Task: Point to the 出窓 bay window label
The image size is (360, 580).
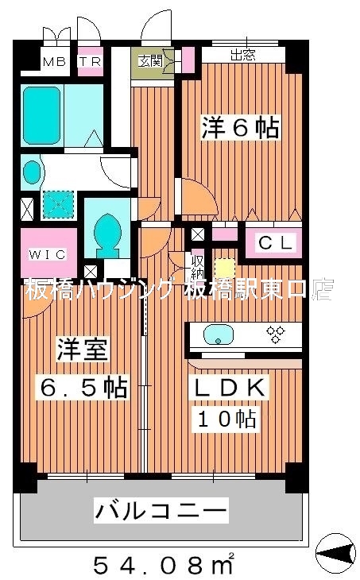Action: (x=242, y=55)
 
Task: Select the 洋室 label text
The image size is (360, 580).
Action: (x=82, y=350)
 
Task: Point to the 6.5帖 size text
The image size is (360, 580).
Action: (x=83, y=388)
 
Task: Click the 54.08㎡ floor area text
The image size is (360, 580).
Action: (x=162, y=565)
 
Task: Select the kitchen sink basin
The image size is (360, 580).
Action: (x=218, y=334)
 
